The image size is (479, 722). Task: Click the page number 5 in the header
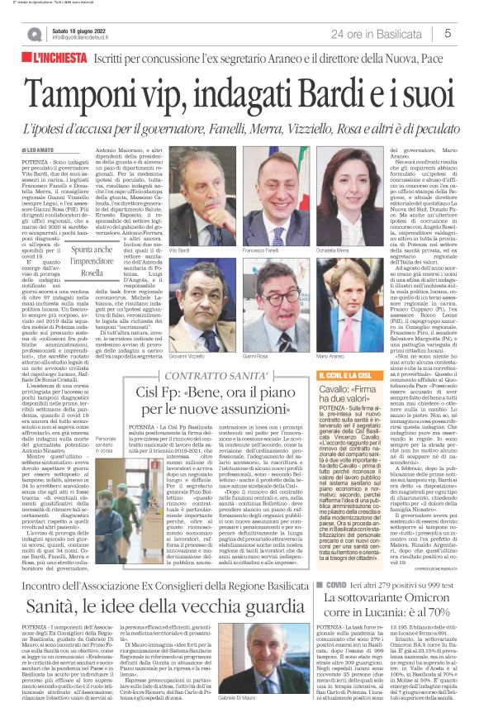446,34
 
